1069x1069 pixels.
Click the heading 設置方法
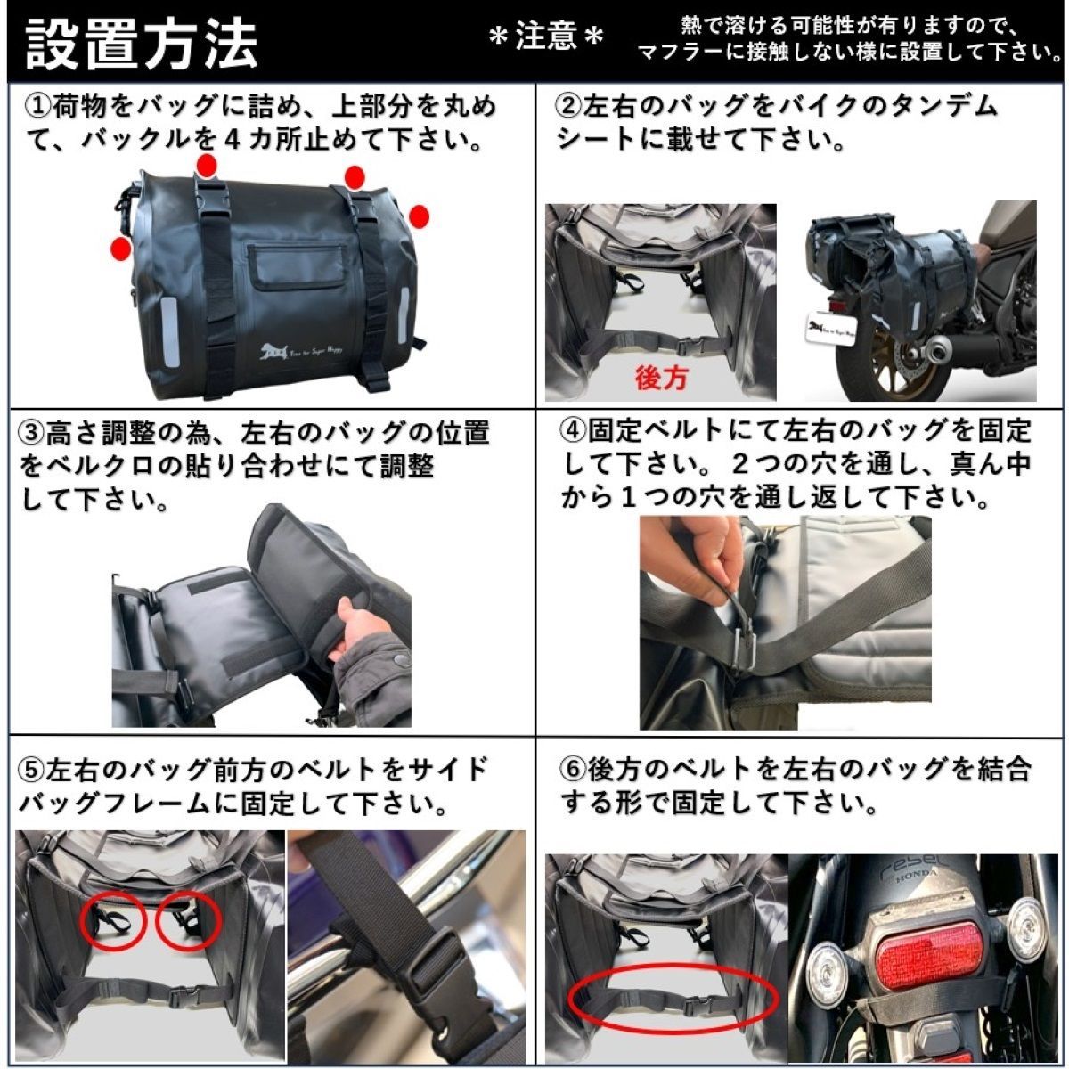point(143,42)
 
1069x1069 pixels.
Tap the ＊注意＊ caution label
point(546,37)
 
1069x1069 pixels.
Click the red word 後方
point(661,378)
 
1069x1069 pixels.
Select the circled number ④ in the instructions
point(574,430)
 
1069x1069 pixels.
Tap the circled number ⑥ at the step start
point(574,768)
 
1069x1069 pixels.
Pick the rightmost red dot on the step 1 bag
point(419,216)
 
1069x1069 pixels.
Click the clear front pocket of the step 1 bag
point(298,268)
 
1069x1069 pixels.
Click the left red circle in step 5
point(112,922)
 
